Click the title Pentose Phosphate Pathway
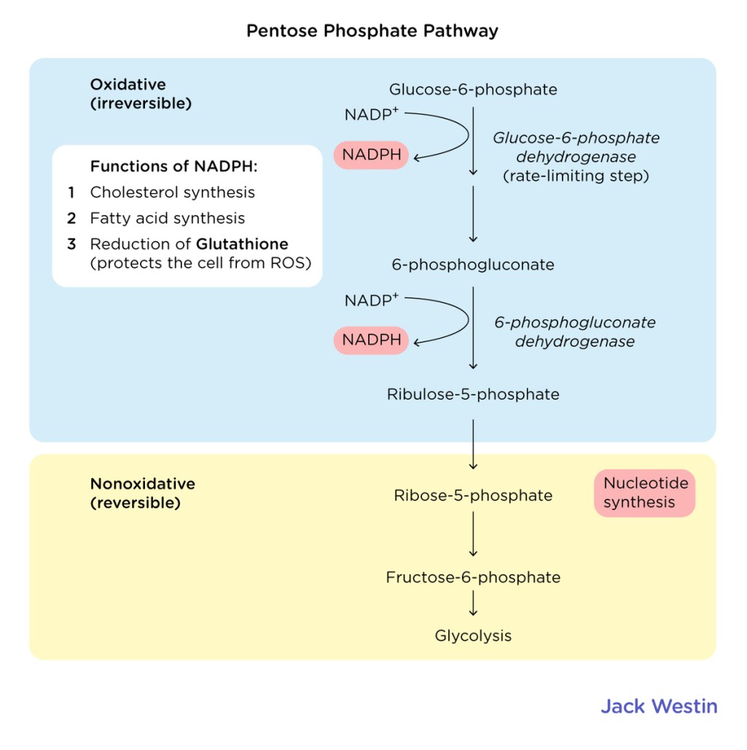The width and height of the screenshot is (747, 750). point(372,31)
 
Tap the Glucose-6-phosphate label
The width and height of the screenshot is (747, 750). point(473,90)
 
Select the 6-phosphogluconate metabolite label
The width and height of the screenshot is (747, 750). point(473,265)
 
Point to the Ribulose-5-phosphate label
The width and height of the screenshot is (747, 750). point(473,394)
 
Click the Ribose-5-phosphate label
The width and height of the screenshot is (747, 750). point(473,496)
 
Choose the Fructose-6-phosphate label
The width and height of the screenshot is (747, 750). point(473,577)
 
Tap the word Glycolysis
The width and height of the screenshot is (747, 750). point(473,636)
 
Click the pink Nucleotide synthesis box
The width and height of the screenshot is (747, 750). point(644,493)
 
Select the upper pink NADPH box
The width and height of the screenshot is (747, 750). point(371,155)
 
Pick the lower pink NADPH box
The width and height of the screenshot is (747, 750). point(371,340)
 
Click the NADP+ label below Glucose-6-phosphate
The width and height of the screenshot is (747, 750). point(372,114)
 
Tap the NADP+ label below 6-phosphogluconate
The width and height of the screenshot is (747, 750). point(372,300)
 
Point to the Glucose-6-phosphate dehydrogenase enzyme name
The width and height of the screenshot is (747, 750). point(576,147)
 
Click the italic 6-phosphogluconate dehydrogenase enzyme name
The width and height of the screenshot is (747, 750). point(574,332)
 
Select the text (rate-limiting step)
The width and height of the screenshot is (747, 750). point(576,176)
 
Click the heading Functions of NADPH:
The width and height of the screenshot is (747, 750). point(174,167)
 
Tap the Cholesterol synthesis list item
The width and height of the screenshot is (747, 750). point(172,192)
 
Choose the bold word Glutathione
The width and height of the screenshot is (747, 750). point(242,244)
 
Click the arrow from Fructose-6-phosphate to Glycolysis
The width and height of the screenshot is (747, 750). point(474,603)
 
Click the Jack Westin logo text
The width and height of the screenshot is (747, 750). point(659,706)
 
